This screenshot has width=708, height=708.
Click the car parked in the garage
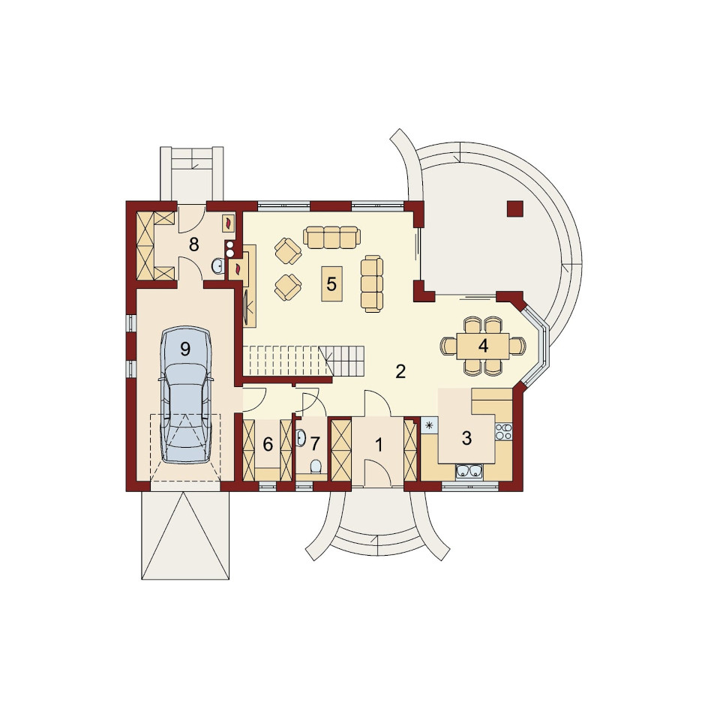185,394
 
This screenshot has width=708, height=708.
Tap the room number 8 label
193,244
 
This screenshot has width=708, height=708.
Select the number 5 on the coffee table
331,284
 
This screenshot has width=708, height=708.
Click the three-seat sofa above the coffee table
331,236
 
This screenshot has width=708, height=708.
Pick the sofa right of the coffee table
372,283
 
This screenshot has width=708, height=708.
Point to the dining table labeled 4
483,346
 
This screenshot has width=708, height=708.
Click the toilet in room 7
316,467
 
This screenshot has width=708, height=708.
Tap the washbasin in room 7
301,438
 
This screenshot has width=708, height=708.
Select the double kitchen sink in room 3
469,471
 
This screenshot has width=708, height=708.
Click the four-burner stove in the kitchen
504,432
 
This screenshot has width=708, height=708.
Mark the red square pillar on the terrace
515,208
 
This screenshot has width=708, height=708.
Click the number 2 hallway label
400,371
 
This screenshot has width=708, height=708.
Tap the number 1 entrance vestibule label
379,445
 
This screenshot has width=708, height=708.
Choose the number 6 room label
268,444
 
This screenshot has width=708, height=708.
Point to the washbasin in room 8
217,266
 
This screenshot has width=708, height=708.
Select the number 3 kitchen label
466,438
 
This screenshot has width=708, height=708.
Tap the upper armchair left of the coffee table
288,251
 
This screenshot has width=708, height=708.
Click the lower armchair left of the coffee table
288,287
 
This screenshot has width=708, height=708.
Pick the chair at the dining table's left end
448,346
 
